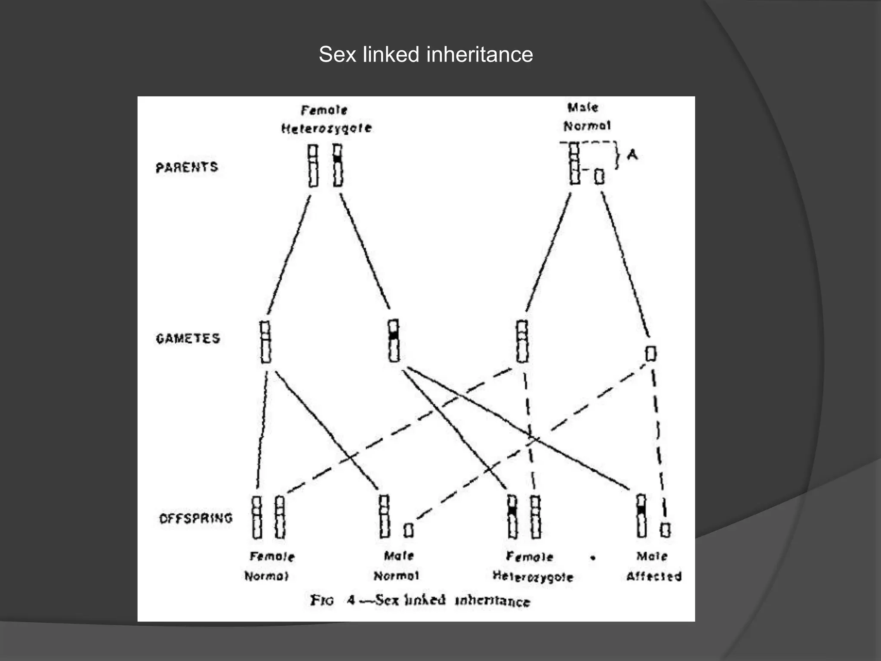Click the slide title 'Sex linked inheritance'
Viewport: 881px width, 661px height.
tap(426, 55)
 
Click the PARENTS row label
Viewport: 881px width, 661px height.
tap(187, 167)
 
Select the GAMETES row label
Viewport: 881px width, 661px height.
tap(188, 338)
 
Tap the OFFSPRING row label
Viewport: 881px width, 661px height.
tap(196, 518)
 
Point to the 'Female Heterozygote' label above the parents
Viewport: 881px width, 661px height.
tap(326, 119)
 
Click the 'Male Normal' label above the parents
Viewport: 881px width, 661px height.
tap(586, 117)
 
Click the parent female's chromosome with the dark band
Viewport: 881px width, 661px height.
tap(338, 165)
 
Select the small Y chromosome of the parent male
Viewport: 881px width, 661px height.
tap(599, 176)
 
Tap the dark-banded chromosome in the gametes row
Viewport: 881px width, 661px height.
tap(394, 340)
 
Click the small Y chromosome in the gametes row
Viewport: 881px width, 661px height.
tap(651, 353)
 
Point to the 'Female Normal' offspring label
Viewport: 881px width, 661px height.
tap(270, 566)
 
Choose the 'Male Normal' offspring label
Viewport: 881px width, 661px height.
tap(397, 565)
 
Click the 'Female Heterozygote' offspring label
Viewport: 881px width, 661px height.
tap(533, 566)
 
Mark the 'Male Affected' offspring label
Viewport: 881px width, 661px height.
tap(653, 566)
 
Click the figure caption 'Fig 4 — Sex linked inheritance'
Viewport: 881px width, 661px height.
tap(420, 600)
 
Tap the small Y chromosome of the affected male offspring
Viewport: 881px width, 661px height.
tap(665, 530)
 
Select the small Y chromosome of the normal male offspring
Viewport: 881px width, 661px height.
tap(409, 530)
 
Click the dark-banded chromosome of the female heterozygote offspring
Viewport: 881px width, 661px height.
tap(512, 516)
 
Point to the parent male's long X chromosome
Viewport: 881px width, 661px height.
tap(574, 164)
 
